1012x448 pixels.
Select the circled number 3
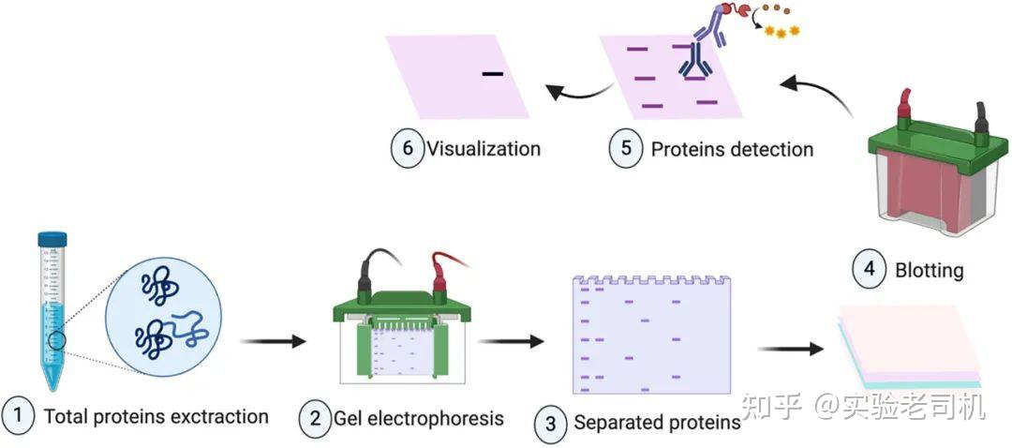coord(551,424)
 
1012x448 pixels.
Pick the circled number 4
coord(868,270)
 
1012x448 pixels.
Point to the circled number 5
coord(626,149)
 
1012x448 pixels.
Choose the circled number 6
coord(407,149)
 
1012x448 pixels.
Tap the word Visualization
coord(484,149)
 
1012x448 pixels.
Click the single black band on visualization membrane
coord(493,73)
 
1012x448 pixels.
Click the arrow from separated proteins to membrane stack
coord(790,350)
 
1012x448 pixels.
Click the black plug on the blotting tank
coord(981,118)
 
